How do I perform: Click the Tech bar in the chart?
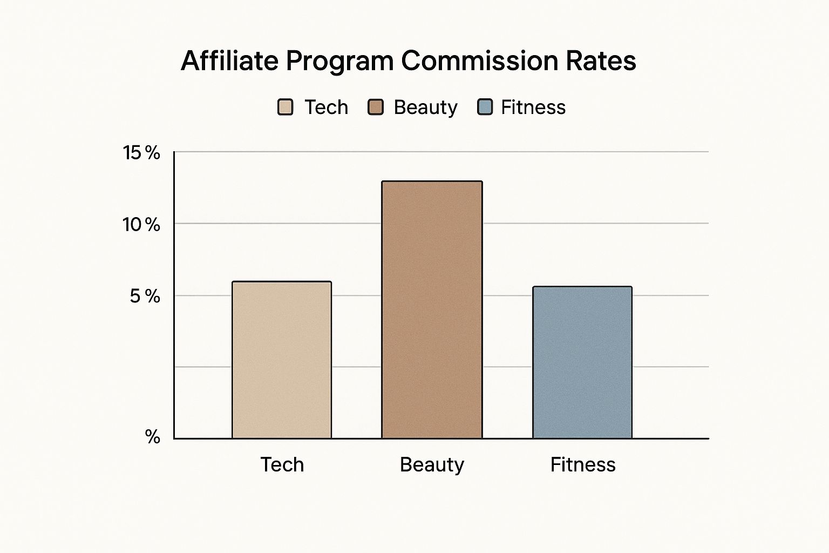pyautogui.click(x=282, y=360)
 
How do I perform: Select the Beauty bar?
pyautogui.click(x=432, y=309)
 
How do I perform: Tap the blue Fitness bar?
pyautogui.click(x=582, y=362)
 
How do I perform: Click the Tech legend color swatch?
pyautogui.click(x=285, y=107)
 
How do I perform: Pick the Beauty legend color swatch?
pyautogui.click(x=375, y=107)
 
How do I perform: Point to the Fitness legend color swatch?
pyautogui.click(x=485, y=107)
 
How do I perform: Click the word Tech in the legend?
pyautogui.click(x=326, y=107)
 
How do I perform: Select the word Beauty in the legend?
pyautogui.click(x=425, y=107)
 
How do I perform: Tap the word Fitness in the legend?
pyautogui.click(x=533, y=107)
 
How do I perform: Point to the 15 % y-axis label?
pyautogui.click(x=141, y=153)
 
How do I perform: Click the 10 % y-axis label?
pyautogui.click(x=141, y=224)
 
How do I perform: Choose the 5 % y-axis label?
pyautogui.click(x=145, y=296)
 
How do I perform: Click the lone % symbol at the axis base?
pyautogui.click(x=153, y=436)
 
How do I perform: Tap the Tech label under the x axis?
pyautogui.click(x=282, y=464)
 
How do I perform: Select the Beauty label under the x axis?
pyautogui.click(x=432, y=464)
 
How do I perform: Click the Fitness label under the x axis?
pyautogui.click(x=583, y=464)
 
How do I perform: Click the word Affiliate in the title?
pyautogui.click(x=229, y=60)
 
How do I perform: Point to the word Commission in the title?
pyautogui.click(x=479, y=60)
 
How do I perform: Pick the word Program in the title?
pyautogui.click(x=340, y=62)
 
